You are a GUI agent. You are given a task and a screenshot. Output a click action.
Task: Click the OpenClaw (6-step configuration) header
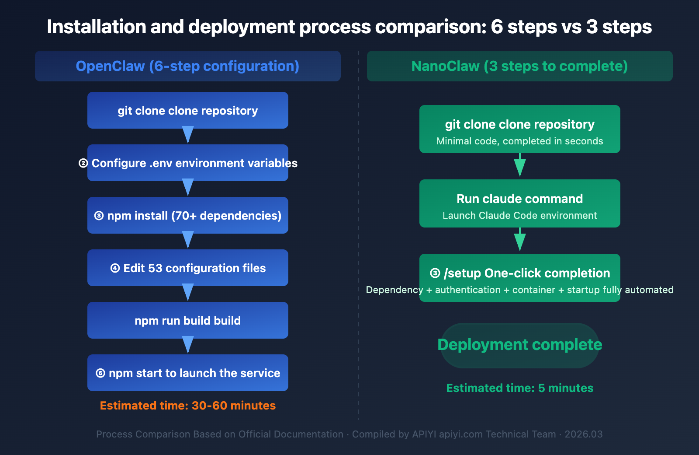[187, 66]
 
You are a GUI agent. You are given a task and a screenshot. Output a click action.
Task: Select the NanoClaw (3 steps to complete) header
[519, 66]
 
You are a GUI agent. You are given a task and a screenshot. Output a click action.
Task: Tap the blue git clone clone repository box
[187, 110]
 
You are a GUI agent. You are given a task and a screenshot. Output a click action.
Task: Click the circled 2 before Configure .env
[83, 163]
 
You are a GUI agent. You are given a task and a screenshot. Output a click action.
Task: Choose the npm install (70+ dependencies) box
[187, 215]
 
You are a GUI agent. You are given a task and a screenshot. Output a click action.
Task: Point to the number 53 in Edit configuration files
[155, 268]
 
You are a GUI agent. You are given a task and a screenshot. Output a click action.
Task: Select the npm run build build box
[187, 320]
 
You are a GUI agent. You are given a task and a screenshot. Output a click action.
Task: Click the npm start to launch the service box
[187, 373]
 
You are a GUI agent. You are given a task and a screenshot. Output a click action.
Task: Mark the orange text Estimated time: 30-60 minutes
[187, 406]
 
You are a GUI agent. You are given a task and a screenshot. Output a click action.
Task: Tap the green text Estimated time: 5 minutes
[519, 388]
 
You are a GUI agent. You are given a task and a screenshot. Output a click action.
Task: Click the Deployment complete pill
[519, 345]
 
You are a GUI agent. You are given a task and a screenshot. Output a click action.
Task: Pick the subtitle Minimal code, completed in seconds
[519, 141]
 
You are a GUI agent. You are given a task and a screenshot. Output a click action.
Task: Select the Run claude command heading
[519, 199]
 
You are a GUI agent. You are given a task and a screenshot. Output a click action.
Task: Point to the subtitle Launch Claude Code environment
[519, 216]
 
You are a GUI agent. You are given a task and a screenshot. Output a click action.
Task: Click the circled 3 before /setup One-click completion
[435, 273]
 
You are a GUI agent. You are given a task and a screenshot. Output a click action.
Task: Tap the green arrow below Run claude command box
[519, 240]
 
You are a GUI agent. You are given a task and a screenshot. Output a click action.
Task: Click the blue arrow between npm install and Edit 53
[187, 240]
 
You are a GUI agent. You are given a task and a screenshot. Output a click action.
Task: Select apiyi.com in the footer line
[461, 434]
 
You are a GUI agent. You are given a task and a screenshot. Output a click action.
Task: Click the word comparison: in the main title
[430, 27]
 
